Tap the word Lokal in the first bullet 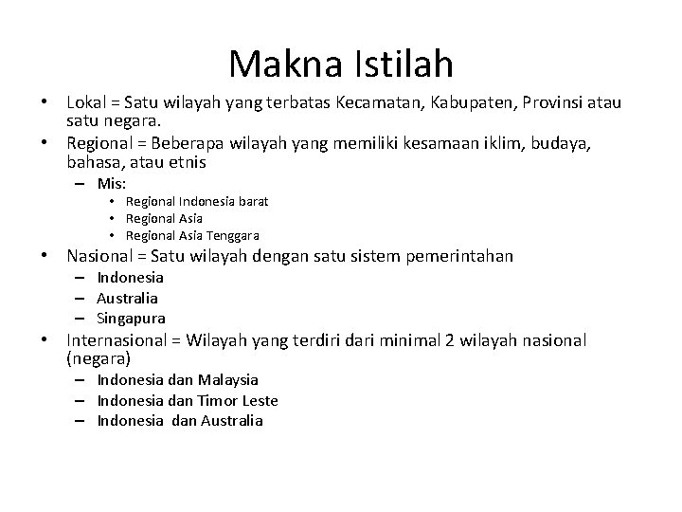[x=86, y=102]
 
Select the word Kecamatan [x=370, y=102]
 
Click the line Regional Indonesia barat [x=196, y=201]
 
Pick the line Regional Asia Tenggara [x=192, y=235]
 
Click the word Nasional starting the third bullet [x=99, y=256]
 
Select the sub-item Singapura [x=131, y=318]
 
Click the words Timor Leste [x=240, y=400]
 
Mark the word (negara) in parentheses [x=99, y=359]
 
